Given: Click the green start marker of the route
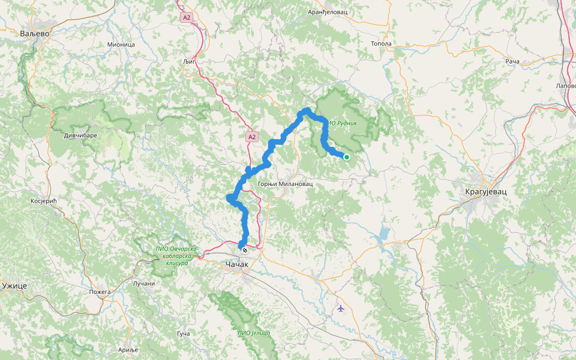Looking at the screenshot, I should [x=346, y=157].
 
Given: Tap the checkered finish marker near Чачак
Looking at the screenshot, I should [x=244, y=250].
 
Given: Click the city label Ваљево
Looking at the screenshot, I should [x=34, y=34].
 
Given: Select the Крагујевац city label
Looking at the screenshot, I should [x=486, y=191].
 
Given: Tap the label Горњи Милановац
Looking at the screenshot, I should [x=285, y=184].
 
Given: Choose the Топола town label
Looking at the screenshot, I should [x=381, y=44].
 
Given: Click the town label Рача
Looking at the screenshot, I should [x=512, y=61].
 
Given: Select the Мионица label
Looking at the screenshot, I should [x=121, y=44].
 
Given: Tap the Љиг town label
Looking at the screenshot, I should [x=189, y=62].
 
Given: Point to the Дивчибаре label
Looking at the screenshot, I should [x=80, y=136].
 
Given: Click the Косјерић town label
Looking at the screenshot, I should [x=43, y=201].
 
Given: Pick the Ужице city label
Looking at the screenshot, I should [x=13, y=286].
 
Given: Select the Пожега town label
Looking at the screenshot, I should [x=100, y=292].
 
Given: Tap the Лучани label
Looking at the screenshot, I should [x=143, y=283].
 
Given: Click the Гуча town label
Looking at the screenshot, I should [x=184, y=333].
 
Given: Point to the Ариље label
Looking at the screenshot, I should [x=127, y=349].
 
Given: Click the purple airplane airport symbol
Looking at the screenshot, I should [x=341, y=308].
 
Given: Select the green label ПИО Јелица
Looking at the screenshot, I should [x=254, y=333].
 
